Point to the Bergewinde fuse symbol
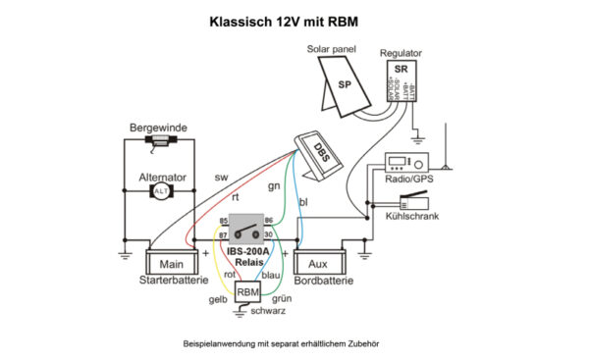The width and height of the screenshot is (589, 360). tap(158, 142)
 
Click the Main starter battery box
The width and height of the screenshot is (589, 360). tap(172, 263)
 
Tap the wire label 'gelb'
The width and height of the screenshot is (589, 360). tap(220, 300)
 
